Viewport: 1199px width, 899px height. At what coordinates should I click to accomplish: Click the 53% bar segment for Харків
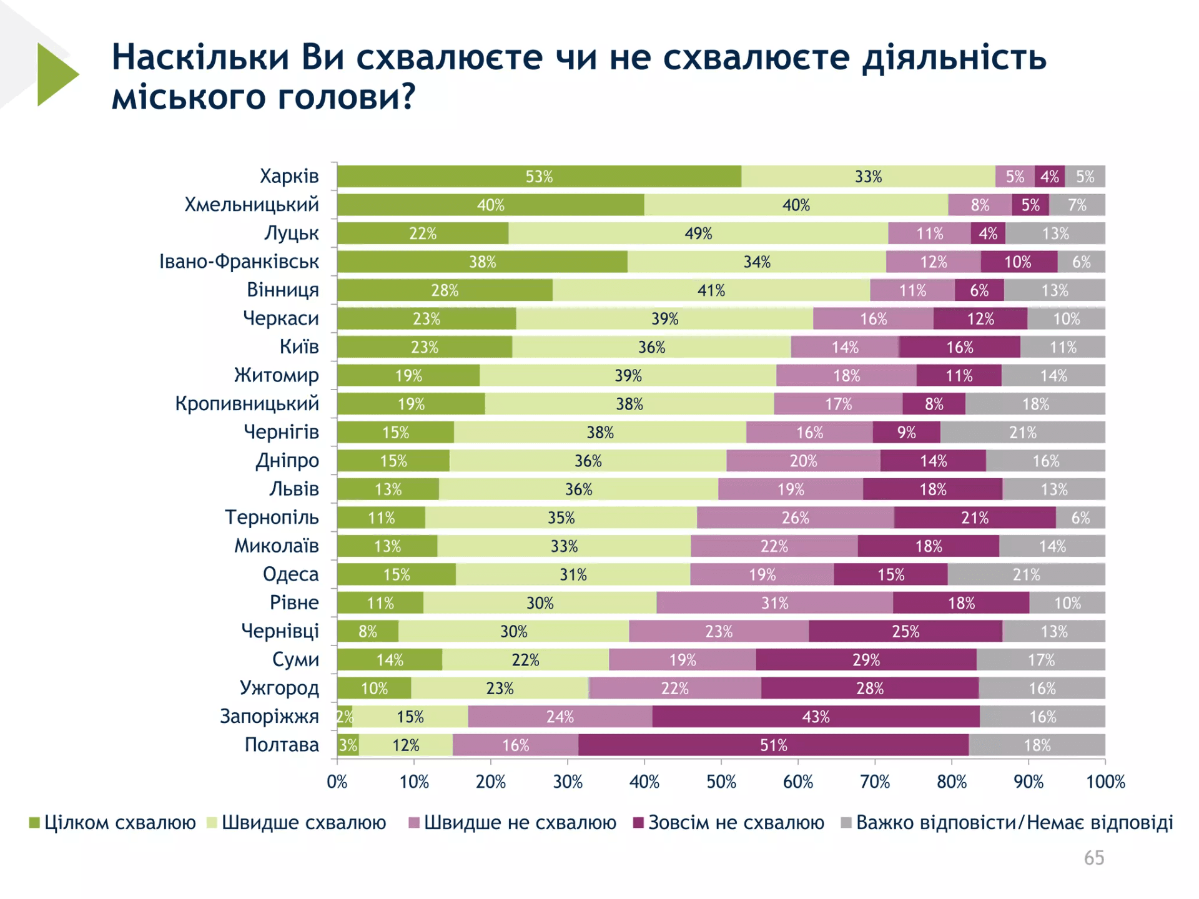[539, 177]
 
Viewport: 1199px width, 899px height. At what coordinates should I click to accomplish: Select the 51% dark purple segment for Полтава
[773, 745]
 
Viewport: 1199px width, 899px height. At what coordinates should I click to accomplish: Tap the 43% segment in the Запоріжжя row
[816, 717]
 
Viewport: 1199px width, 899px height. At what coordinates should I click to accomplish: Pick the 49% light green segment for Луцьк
[698, 233]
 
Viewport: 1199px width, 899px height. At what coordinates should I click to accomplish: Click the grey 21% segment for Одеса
[1026, 574]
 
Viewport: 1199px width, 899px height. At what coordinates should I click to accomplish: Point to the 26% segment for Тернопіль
[795, 518]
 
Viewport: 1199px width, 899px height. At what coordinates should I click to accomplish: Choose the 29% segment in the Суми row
[866, 660]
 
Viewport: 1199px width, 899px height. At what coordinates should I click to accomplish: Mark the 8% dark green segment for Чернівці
[368, 631]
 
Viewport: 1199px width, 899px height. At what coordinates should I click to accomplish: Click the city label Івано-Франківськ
[239, 262]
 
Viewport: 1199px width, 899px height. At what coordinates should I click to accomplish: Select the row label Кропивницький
[247, 404]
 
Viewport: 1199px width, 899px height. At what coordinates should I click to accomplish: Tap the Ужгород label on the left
[279, 688]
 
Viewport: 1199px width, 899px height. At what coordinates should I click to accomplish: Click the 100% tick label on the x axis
[1105, 782]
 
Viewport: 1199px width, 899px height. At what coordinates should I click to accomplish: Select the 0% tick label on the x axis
[337, 782]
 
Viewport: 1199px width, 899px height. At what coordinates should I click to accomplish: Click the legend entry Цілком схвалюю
[119, 823]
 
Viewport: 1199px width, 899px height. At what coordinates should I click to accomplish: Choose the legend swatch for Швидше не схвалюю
[413, 823]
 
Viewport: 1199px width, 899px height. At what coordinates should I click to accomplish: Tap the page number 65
[1093, 858]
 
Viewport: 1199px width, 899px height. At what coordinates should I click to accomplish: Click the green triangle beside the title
[56, 74]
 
